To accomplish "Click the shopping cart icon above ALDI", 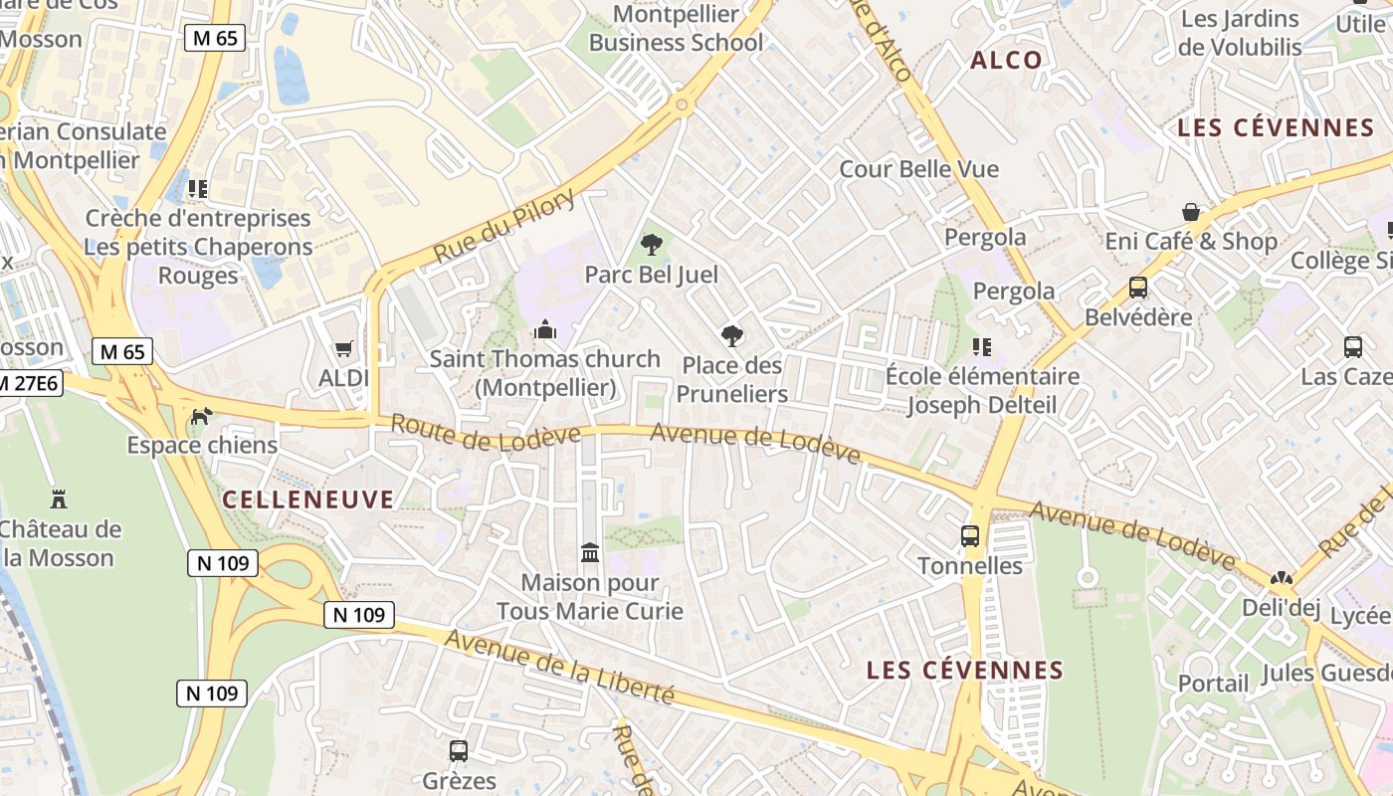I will pyautogui.click(x=344, y=348).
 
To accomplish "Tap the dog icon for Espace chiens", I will pyautogui.click(x=201, y=415).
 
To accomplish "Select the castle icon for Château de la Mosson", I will pyautogui.click(x=59, y=497).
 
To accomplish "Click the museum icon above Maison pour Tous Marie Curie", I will pyautogui.click(x=590, y=552).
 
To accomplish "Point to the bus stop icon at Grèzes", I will pyautogui.click(x=459, y=751).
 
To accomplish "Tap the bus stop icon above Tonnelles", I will pyautogui.click(x=970, y=536).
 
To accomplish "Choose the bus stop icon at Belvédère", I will pyautogui.click(x=1138, y=288).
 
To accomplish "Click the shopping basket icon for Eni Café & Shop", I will pyautogui.click(x=1190, y=212).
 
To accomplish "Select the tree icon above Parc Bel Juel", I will pyautogui.click(x=652, y=244).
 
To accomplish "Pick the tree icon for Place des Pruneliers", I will pyautogui.click(x=733, y=335).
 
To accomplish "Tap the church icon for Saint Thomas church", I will pyautogui.click(x=544, y=328).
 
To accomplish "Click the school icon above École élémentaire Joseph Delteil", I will pyautogui.click(x=982, y=347).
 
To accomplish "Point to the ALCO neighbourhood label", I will pyautogui.click(x=1006, y=60).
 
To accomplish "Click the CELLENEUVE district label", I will pyautogui.click(x=308, y=499).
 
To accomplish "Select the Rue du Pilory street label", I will pyautogui.click(x=504, y=227).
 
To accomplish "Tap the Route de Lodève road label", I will pyautogui.click(x=485, y=432).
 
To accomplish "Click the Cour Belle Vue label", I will pyautogui.click(x=918, y=169).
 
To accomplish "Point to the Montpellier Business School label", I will pyautogui.click(x=677, y=29).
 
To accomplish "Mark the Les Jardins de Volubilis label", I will pyautogui.click(x=1240, y=33).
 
